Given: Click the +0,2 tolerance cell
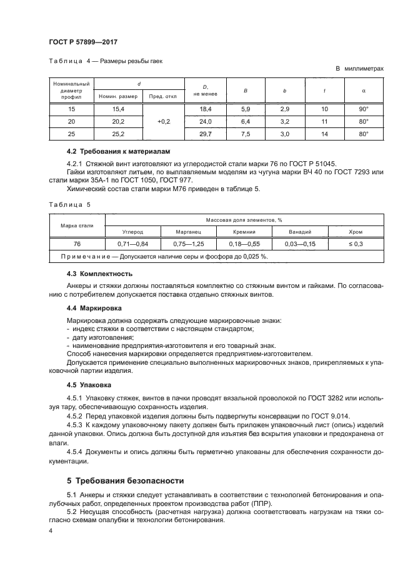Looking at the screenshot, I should click(x=164, y=122).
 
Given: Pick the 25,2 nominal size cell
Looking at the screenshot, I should click(x=118, y=134).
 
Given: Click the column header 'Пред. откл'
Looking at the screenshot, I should click(x=164, y=96).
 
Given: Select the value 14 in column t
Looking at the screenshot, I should click(x=324, y=134).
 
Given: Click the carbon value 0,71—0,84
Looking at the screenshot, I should click(x=132, y=244).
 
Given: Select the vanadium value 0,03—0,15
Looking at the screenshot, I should click(x=299, y=244).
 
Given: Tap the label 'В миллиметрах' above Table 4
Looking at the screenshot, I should click(x=360, y=69).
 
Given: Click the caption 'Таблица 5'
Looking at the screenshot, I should click(x=70, y=204).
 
